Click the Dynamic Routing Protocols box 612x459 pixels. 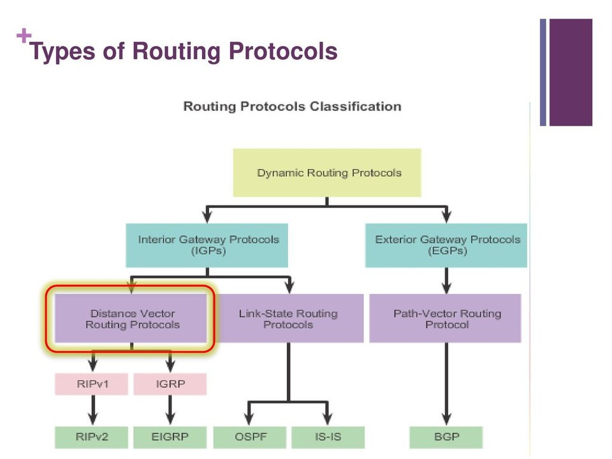[x=327, y=173]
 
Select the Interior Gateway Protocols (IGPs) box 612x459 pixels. [x=207, y=245]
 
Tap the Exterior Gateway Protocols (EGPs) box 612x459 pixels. [x=446, y=245]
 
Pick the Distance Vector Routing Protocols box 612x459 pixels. [x=131, y=319]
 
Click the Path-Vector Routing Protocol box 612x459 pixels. [x=446, y=319]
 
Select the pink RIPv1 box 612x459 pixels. [x=91, y=384]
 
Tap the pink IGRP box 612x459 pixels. [x=170, y=384]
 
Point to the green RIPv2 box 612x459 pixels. [x=91, y=437]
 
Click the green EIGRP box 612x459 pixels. [x=170, y=437]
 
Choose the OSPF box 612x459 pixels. [x=250, y=437]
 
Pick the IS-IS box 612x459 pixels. [x=328, y=437]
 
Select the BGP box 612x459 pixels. [x=446, y=437]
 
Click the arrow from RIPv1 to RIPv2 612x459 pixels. [x=93, y=410]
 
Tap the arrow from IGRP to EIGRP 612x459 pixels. [x=170, y=410]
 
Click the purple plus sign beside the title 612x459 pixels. [x=24, y=36]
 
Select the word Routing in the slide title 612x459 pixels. [x=177, y=52]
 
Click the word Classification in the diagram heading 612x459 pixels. [x=356, y=106]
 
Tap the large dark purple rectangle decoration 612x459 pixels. [x=571, y=72]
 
